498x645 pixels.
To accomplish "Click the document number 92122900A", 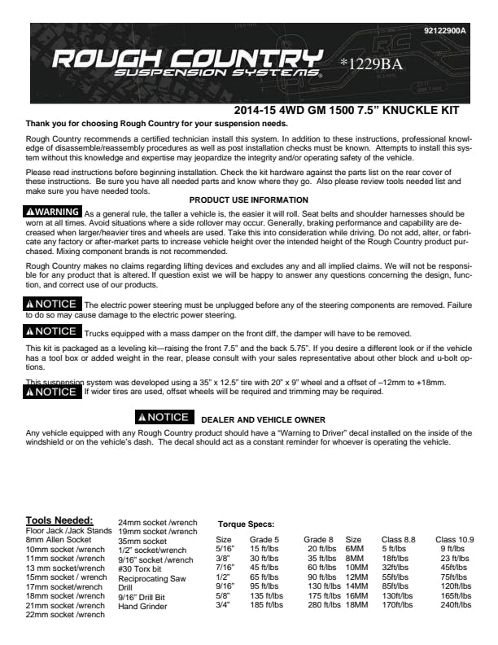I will [x=445, y=31].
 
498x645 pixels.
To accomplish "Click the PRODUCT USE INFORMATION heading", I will [x=248, y=200].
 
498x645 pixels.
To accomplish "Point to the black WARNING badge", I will [x=54, y=212].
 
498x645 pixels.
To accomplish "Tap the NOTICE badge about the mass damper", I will [x=54, y=331].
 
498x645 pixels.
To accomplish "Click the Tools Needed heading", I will [x=59, y=520].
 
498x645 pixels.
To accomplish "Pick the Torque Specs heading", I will [x=246, y=524].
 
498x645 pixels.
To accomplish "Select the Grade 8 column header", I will [x=318, y=539].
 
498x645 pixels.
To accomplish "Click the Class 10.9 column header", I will [x=455, y=539].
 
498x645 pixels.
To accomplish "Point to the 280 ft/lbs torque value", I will [x=324, y=605].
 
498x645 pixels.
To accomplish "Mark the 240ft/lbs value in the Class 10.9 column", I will [x=457, y=605].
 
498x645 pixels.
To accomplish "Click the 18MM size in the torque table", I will [x=356, y=605].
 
